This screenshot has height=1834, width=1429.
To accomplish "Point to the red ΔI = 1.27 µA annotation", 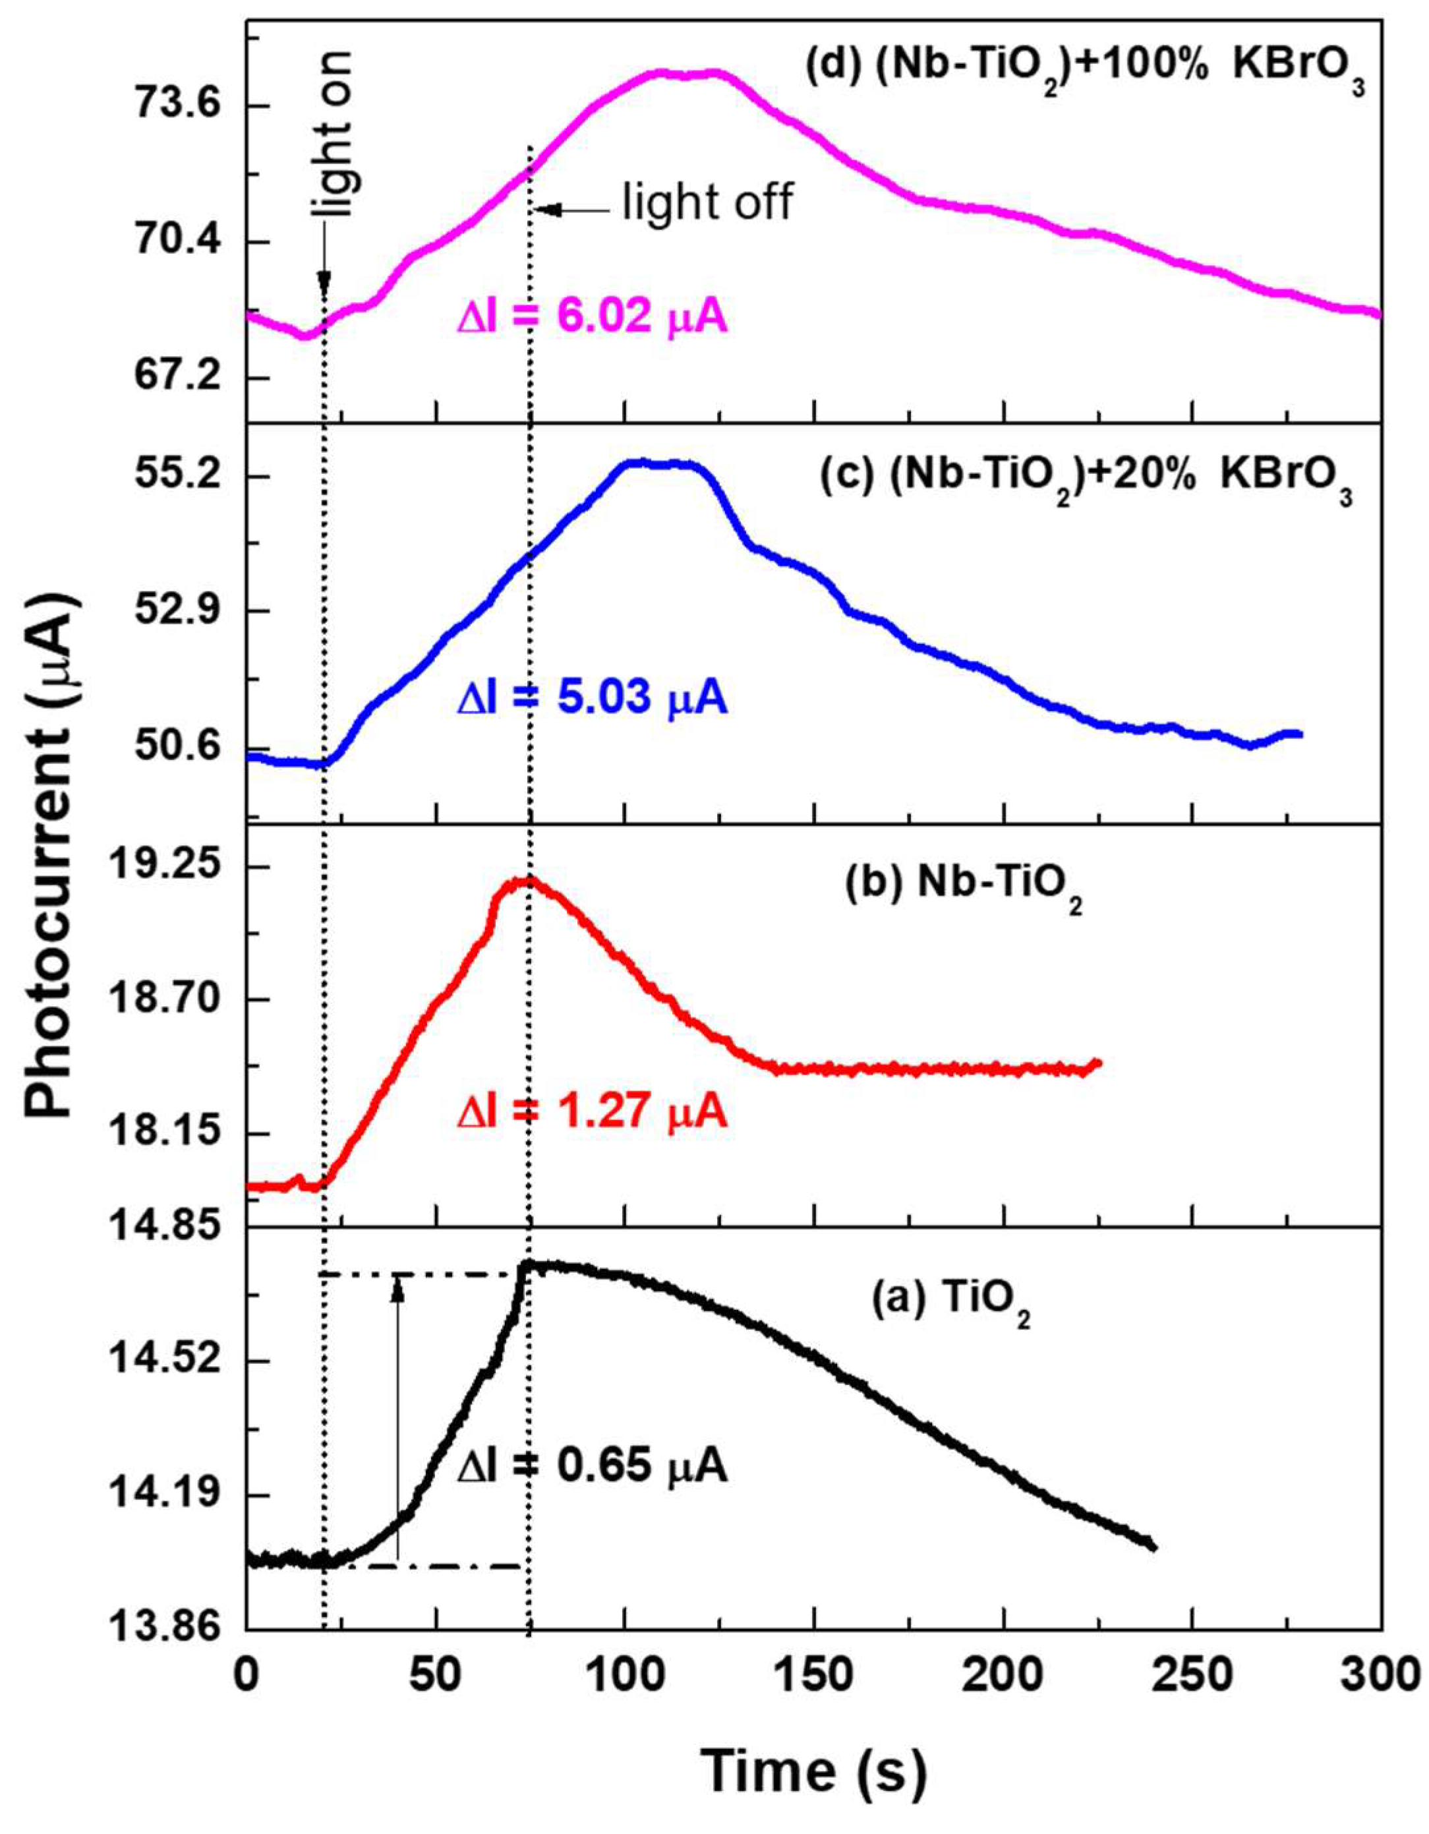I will coord(592,1112).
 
